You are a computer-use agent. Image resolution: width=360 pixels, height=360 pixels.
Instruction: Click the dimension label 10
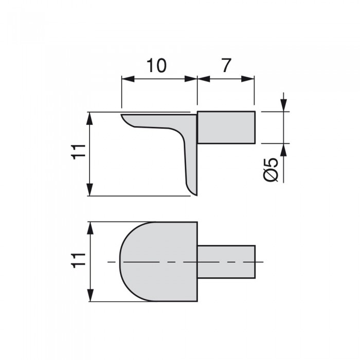click(156, 65)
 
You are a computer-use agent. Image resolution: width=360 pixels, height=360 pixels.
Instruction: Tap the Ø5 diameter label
click(271, 169)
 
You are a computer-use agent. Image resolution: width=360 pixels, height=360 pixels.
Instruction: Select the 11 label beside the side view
click(79, 152)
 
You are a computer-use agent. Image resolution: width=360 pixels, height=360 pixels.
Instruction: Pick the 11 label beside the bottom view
click(79, 261)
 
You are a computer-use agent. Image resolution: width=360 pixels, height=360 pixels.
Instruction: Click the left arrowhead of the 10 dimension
click(128, 79)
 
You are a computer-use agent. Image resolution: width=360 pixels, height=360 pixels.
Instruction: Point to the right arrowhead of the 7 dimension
click(248, 79)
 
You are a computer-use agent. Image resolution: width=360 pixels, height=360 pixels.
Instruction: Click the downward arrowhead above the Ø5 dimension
click(284, 105)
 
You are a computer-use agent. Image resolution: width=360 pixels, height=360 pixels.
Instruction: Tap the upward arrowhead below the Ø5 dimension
click(284, 150)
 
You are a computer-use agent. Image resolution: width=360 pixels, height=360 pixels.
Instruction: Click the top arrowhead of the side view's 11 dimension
click(90, 118)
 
